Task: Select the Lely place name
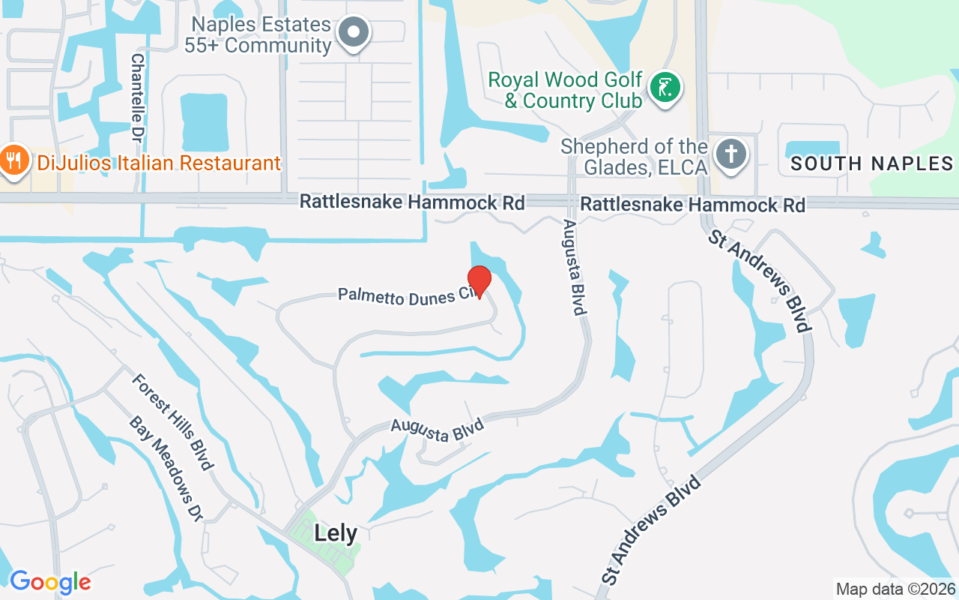(x=336, y=533)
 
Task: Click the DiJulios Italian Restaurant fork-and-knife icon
(x=13, y=160)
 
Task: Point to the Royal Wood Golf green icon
(x=665, y=88)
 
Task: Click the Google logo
(x=50, y=582)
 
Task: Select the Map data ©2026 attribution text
(x=895, y=589)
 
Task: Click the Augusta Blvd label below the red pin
(x=438, y=430)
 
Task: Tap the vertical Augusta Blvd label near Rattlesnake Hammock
(x=575, y=267)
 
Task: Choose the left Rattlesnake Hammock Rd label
(x=412, y=202)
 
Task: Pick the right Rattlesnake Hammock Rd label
(x=693, y=205)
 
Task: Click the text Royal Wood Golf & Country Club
(x=566, y=90)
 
